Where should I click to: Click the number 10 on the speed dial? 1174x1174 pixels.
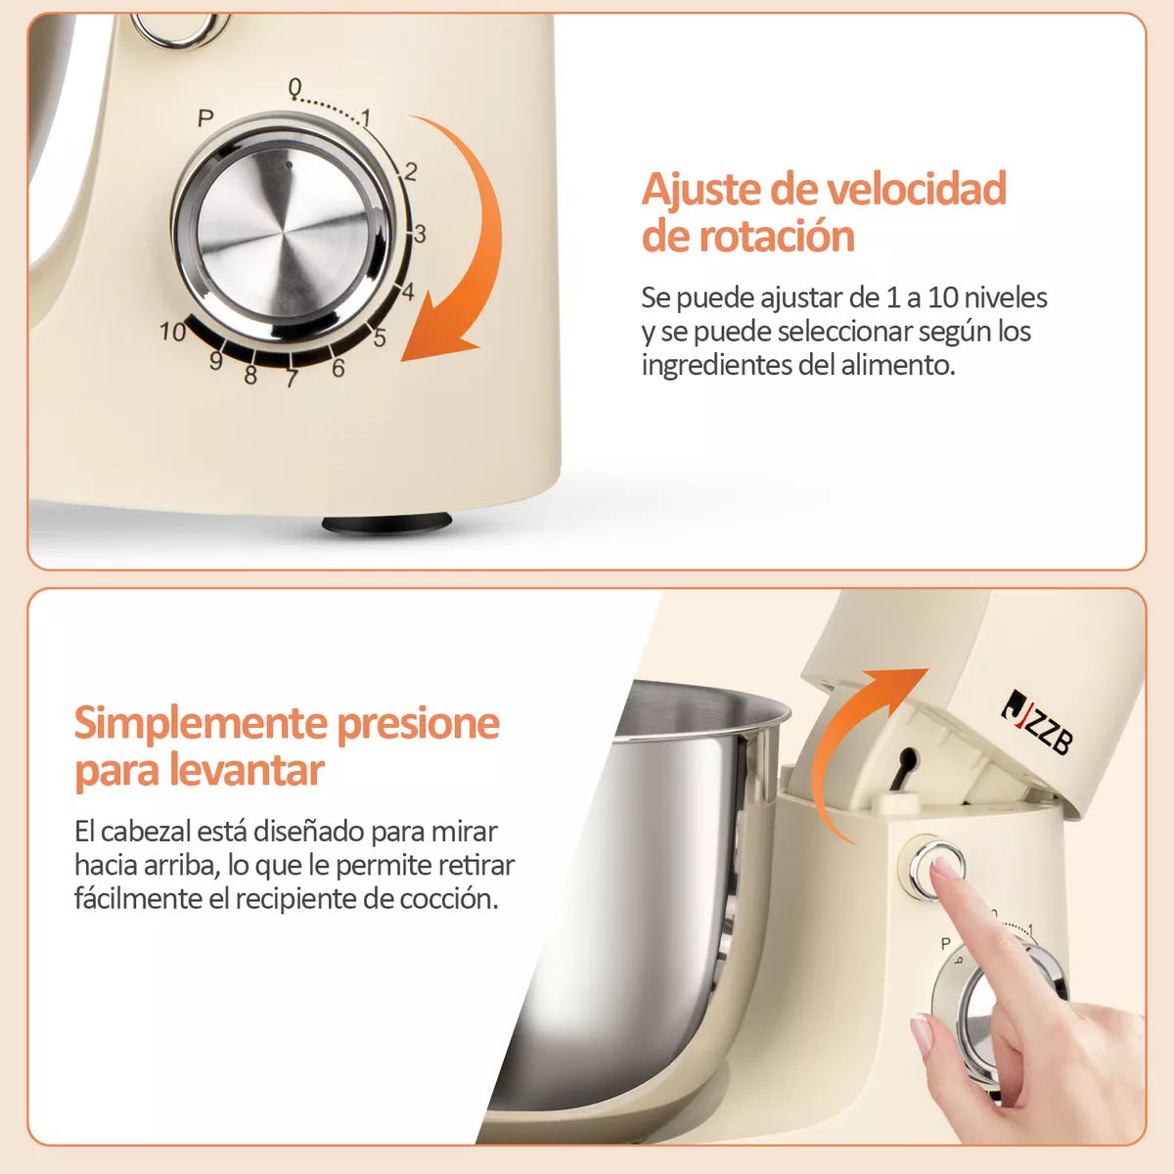[x=172, y=333]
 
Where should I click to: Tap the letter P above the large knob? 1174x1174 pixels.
[x=205, y=118]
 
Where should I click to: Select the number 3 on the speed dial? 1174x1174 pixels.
[x=420, y=234]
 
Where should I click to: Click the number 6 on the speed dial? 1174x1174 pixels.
[x=339, y=369]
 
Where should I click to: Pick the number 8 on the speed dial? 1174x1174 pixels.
[x=250, y=376]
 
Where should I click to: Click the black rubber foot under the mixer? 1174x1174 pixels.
[x=386, y=523]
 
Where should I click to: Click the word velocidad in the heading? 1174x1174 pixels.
[x=908, y=189]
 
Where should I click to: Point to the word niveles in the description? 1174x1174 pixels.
[x=1006, y=297]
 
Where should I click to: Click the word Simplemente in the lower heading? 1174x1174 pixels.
[x=200, y=723]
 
